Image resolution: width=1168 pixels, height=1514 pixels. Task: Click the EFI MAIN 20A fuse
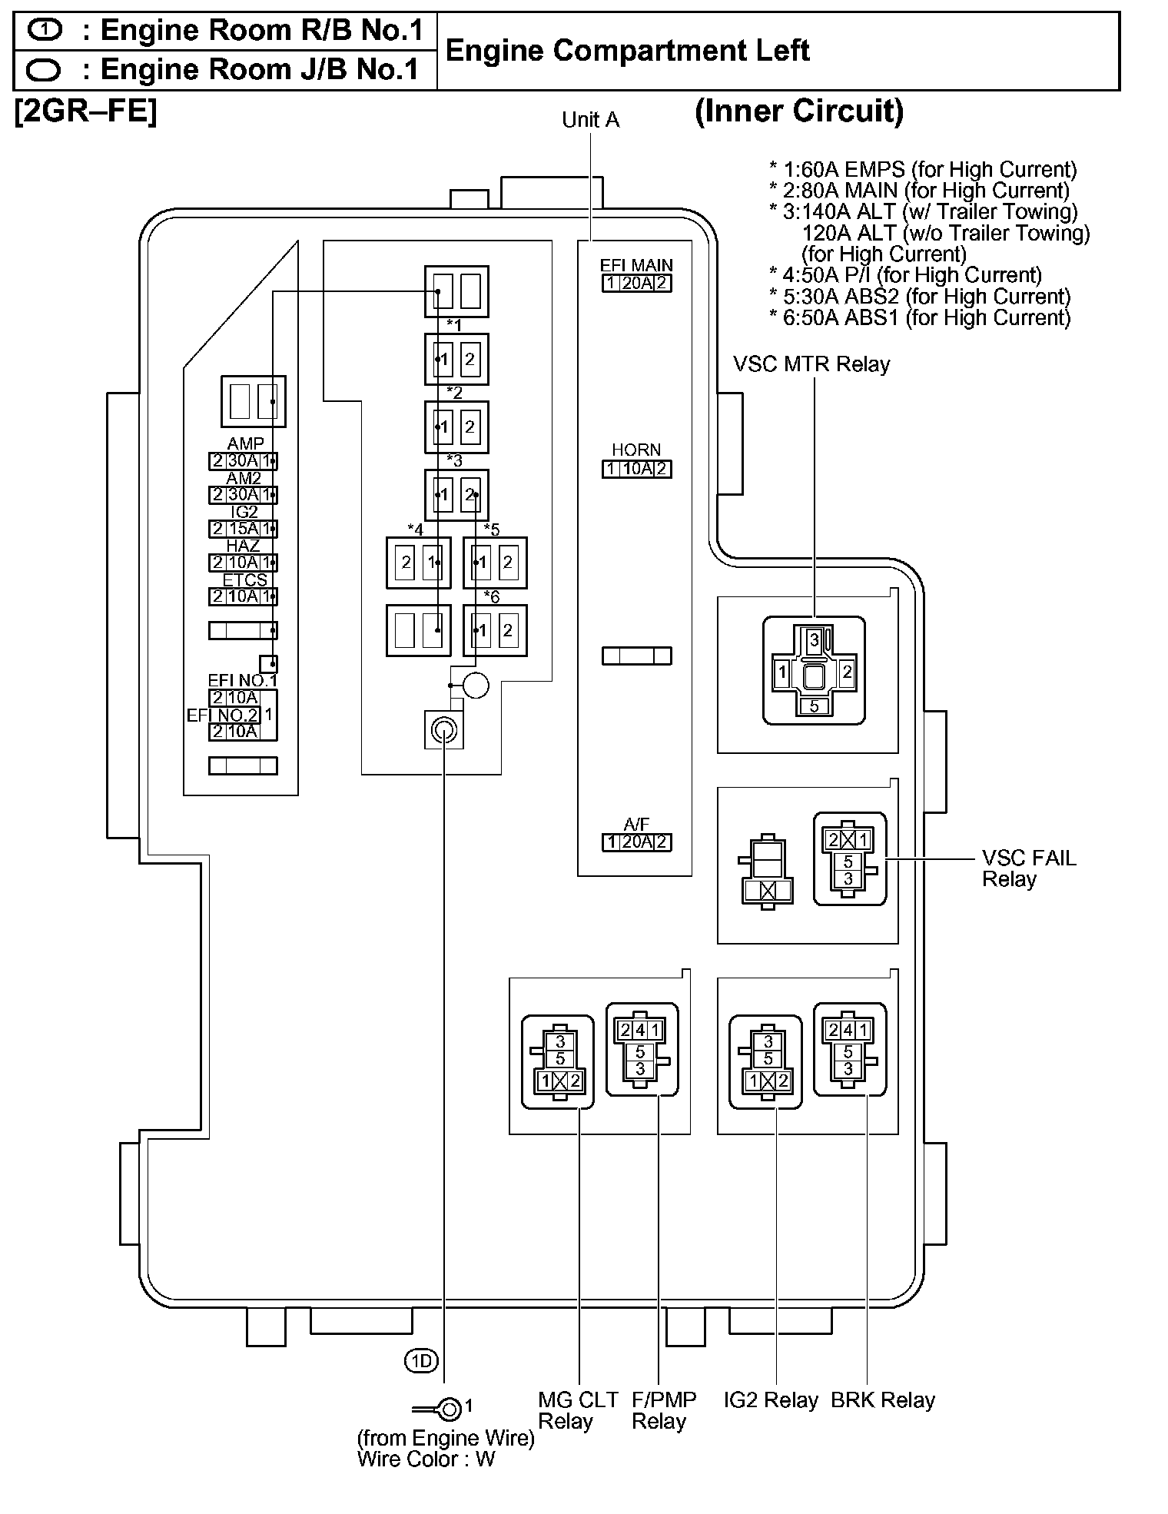click(636, 284)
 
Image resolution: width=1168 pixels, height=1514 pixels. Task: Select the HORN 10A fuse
click(636, 469)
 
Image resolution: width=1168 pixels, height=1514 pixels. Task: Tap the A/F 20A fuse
click(636, 842)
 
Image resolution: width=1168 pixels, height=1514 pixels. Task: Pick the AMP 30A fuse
click(243, 461)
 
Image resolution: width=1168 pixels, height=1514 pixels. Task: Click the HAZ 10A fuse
click(243, 563)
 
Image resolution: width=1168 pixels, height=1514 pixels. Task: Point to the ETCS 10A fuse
click(243, 596)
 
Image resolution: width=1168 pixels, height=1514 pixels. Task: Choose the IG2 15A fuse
click(243, 529)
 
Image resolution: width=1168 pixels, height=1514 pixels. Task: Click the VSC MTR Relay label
click(811, 364)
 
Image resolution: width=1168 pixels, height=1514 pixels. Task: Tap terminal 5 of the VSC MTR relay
click(814, 706)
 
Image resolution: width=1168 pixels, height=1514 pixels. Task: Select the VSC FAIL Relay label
click(1028, 868)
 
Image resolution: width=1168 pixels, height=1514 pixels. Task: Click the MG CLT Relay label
click(577, 1411)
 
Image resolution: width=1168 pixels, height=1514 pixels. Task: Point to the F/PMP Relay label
click(663, 1411)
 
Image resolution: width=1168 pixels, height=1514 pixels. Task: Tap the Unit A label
click(590, 120)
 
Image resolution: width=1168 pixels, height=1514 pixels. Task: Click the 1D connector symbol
click(420, 1361)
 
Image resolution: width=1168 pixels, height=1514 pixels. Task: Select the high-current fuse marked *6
click(495, 631)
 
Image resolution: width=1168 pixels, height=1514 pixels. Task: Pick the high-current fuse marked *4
click(418, 563)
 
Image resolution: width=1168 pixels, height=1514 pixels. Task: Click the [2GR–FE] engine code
click(85, 112)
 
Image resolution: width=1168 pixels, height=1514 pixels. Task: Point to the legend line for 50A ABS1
click(919, 317)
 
